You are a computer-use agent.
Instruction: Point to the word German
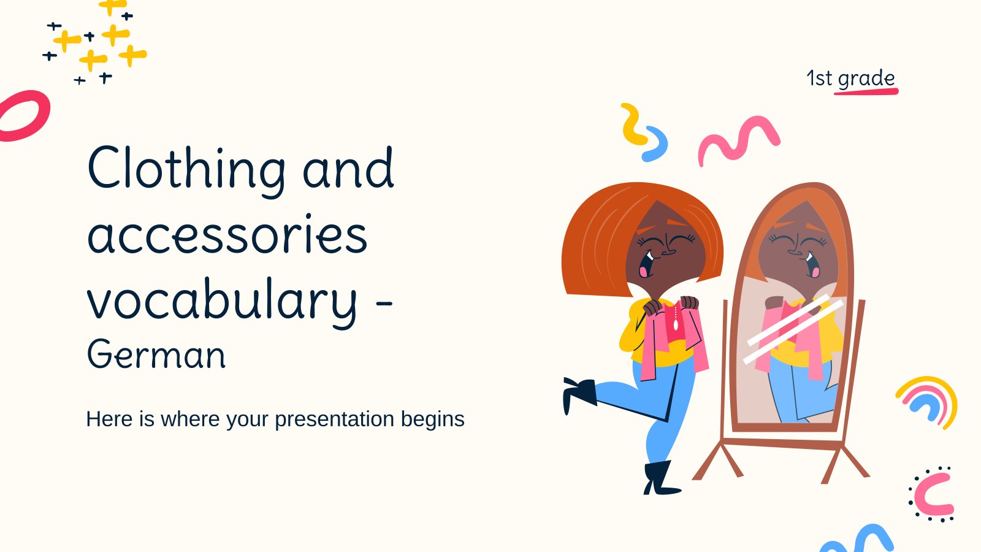[x=156, y=354]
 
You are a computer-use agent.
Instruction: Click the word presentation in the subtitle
[x=335, y=420]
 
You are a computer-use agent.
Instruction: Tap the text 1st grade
[x=850, y=79]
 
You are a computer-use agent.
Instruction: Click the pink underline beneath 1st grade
[x=866, y=91]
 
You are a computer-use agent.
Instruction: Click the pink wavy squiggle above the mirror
[x=739, y=141]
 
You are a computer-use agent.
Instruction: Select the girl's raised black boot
[x=579, y=393]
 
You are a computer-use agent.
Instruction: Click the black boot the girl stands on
[x=660, y=478]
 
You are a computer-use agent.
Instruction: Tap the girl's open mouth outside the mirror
[x=647, y=264]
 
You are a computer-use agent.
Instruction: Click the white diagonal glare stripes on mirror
[x=793, y=329]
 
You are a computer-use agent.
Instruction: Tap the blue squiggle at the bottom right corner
[x=858, y=540]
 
